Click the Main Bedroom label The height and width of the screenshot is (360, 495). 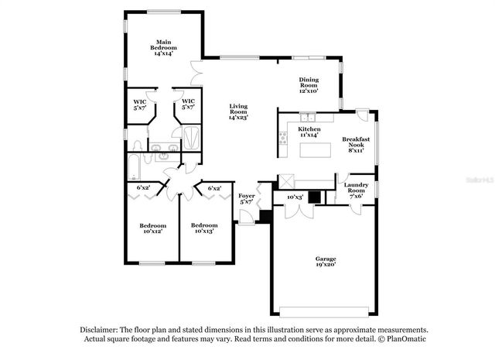tap(163, 48)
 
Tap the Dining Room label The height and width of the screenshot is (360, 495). tap(309, 84)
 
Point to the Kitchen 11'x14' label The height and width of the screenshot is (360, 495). tap(309, 132)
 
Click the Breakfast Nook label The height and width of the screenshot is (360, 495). tap(357, 145)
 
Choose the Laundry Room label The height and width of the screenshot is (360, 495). tap(357, 191)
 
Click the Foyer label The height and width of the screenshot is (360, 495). tap(247, 199)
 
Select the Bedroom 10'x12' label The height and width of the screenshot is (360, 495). tap(152, 228)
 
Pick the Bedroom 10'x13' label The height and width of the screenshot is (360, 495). tap(203, 228)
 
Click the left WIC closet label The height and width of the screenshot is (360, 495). tap(140, 105)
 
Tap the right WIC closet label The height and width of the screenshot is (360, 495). tap(188, 105)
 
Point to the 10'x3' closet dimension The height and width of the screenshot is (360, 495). tap(295, 197)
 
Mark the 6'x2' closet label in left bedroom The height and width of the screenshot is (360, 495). tap(143, 188)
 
